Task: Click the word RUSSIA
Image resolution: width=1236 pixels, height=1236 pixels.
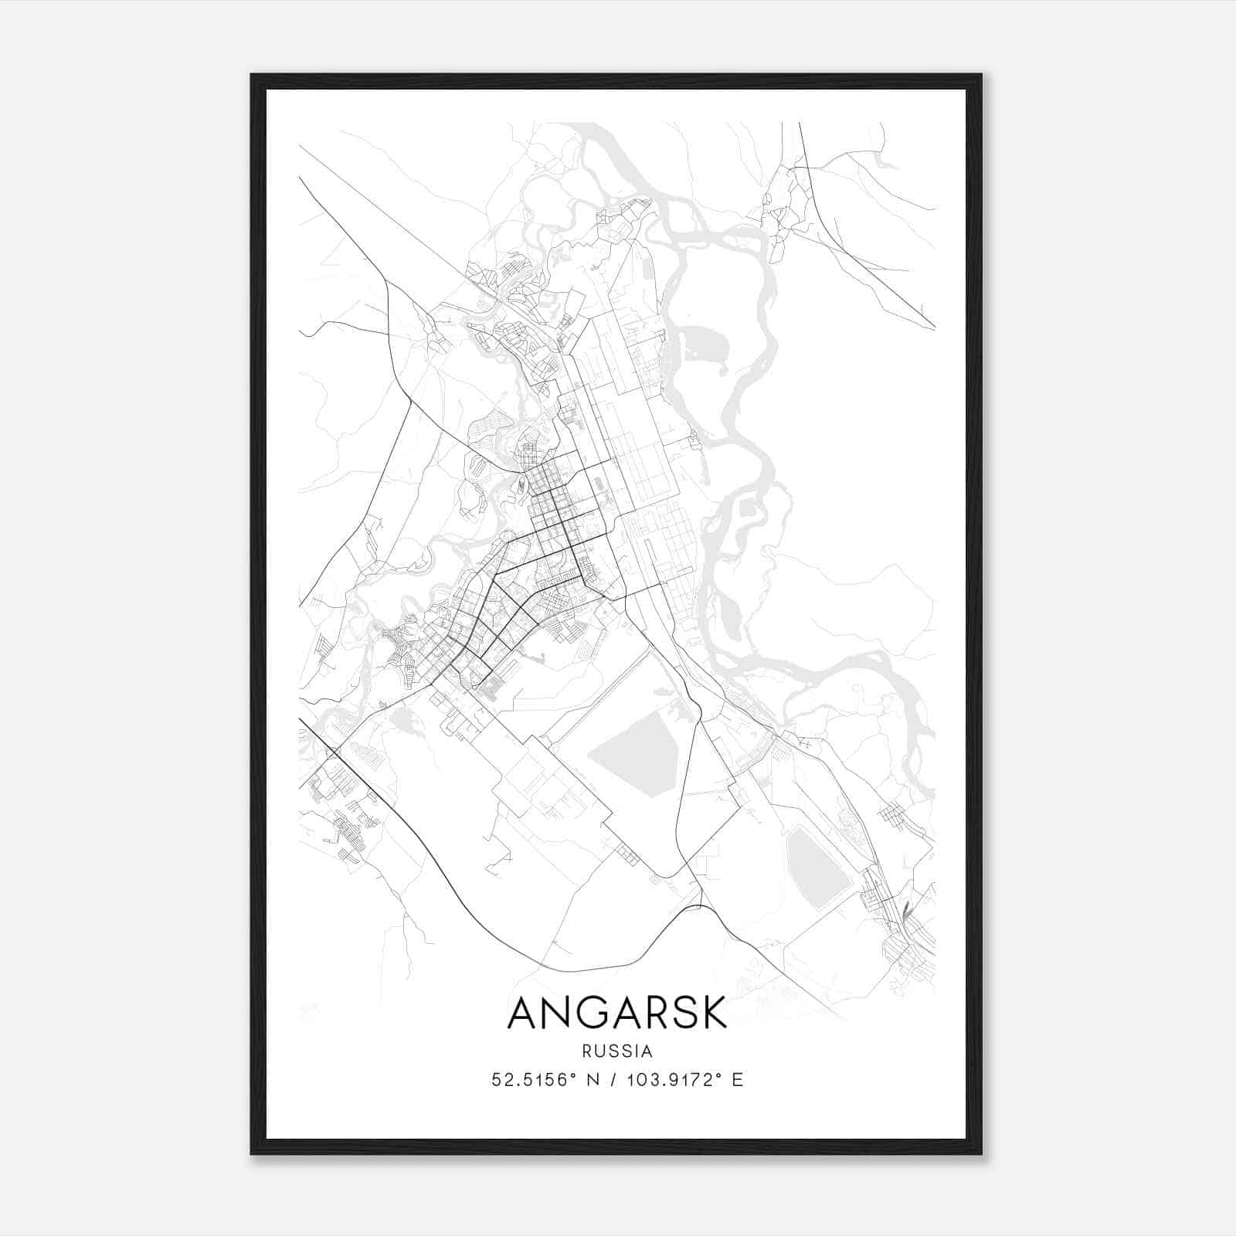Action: click(617, 1051)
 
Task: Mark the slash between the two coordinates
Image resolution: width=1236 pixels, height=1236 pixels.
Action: click(614, 1080)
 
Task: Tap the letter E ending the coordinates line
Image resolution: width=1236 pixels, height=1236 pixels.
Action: click(738, 1080)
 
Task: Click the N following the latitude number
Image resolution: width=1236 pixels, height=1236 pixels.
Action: click(593, 1080)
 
